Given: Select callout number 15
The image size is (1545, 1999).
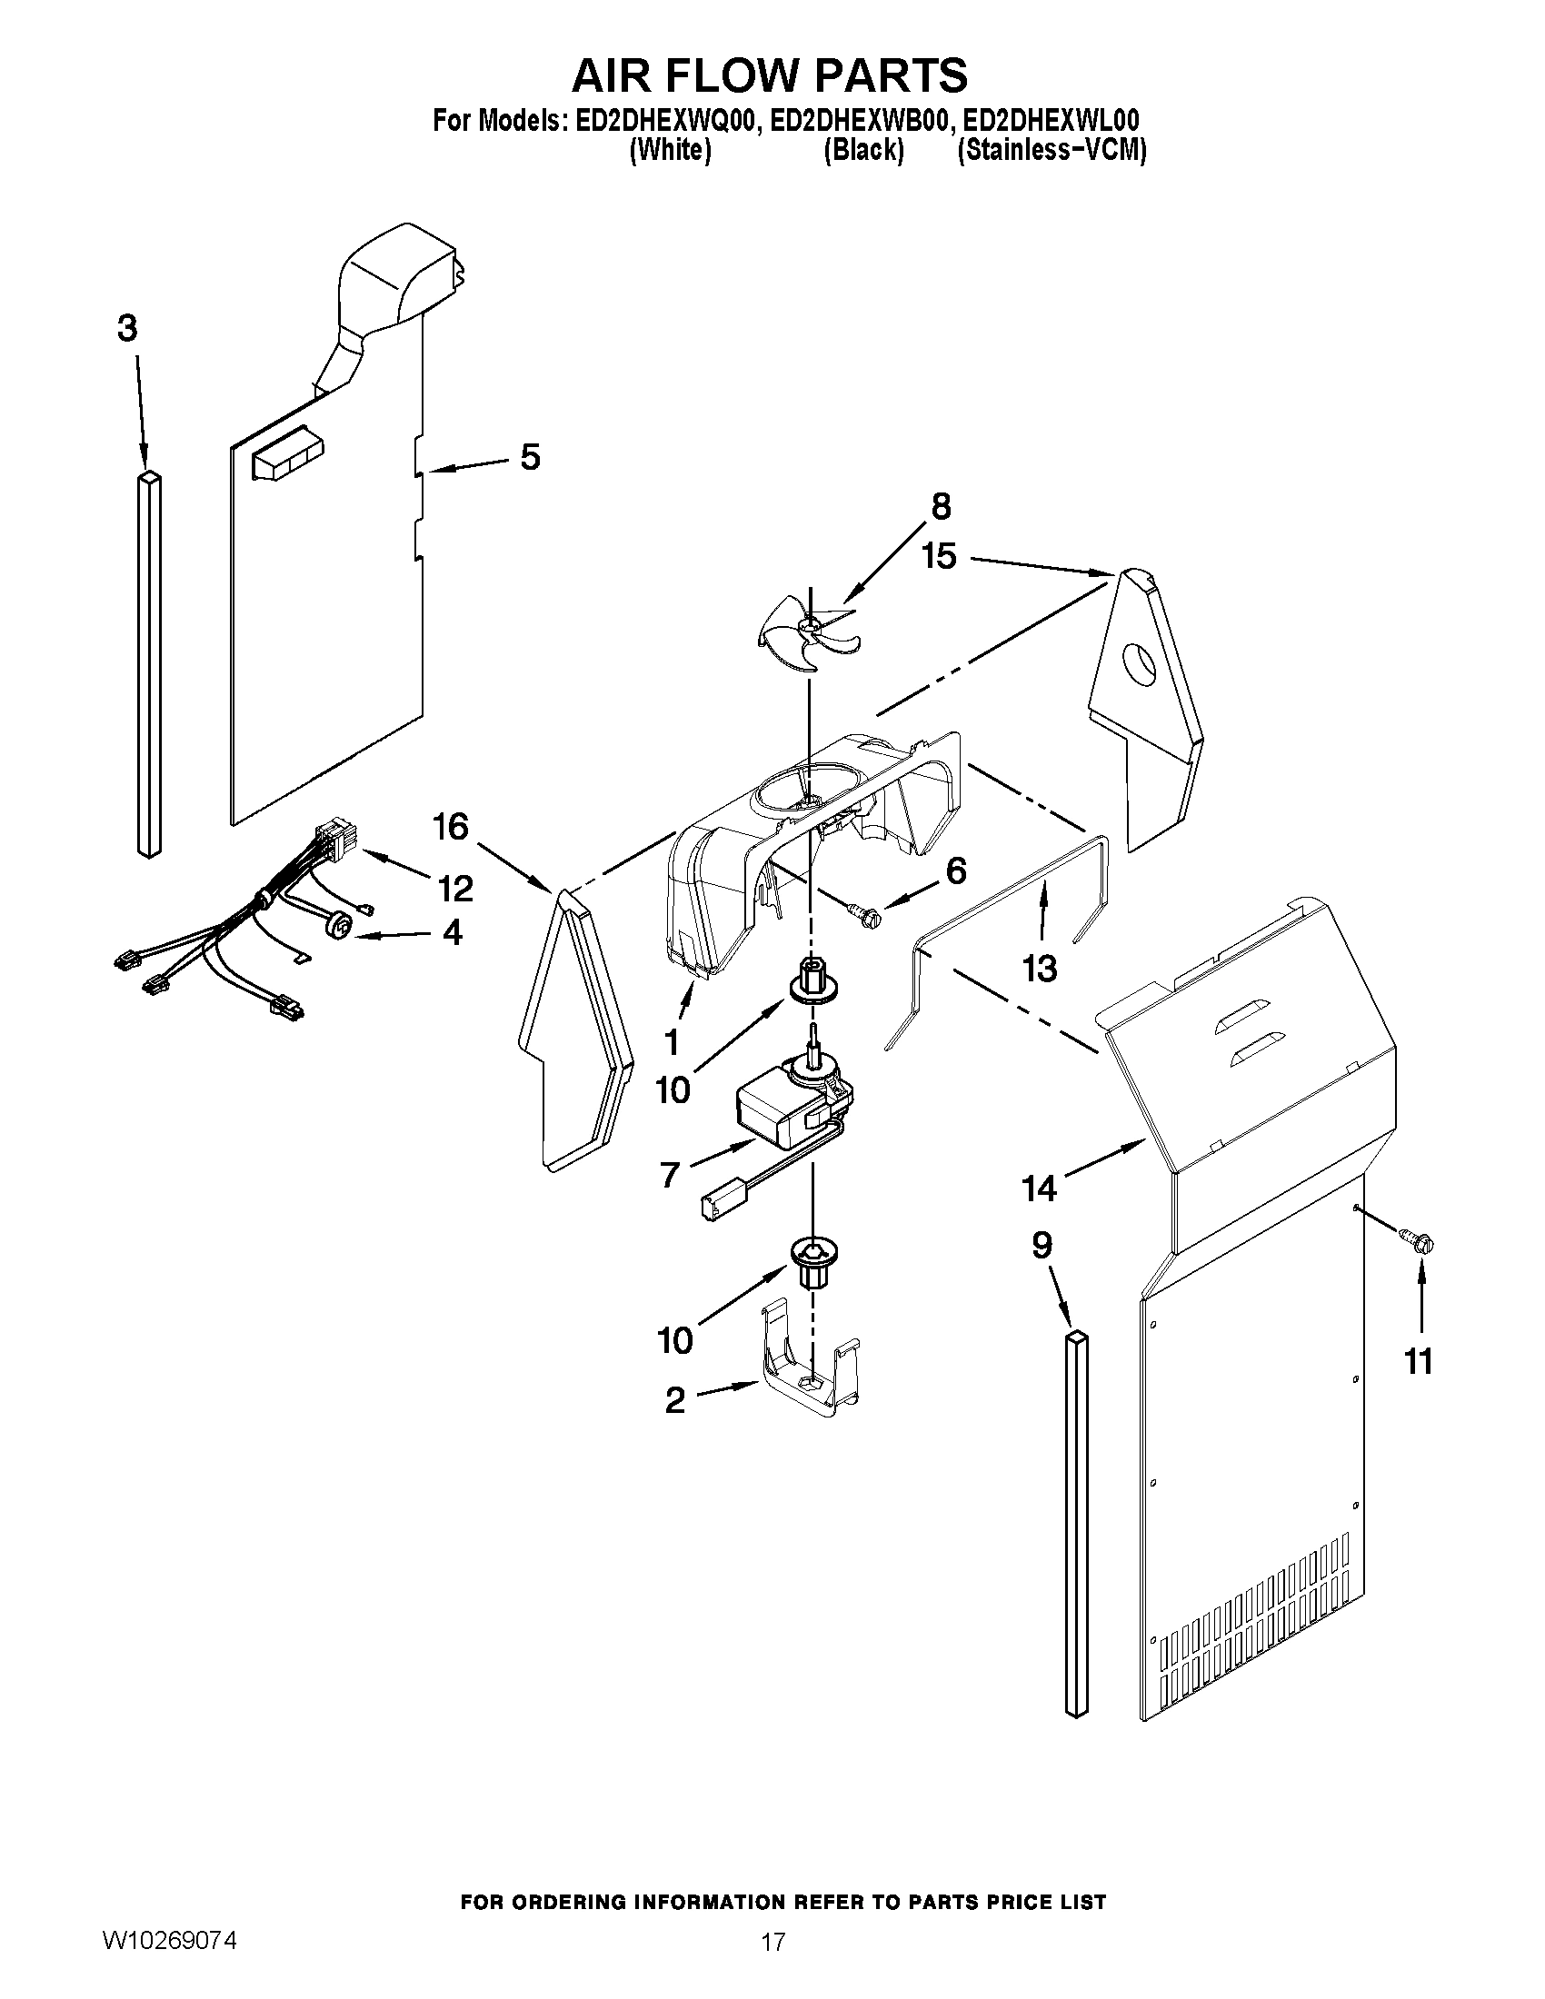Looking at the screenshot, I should pyautogui.click(x=939, y=555).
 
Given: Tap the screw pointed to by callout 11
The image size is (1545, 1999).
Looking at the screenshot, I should pyautogui.click(x=1418, y=1242).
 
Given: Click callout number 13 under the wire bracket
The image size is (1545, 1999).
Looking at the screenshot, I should pyautogui.click(x=1040, y=968).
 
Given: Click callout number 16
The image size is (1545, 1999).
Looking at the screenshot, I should pyautogui.click(x=453, y=828).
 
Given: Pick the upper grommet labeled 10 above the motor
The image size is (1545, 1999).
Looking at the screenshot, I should pyautogui.click(x=810, y=981).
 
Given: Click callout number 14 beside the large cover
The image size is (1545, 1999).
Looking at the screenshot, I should pyautogui.click(x=1041, y=1188).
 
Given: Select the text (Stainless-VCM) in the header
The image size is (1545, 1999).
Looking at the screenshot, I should pyautogui.click(x=1051, y=151).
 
